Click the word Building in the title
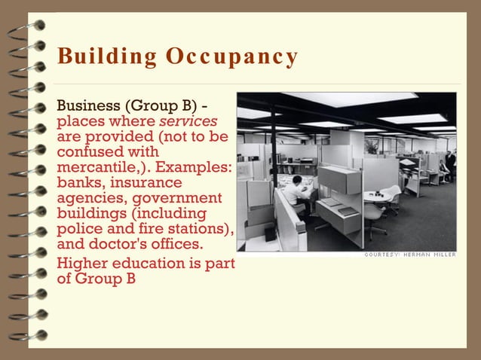tap(96, 57)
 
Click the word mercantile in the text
tap(102, 167)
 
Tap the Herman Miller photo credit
tap(410, 255)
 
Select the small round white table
tap(375, 197)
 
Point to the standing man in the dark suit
tap(450, 162)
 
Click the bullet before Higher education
tap(51, 264)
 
